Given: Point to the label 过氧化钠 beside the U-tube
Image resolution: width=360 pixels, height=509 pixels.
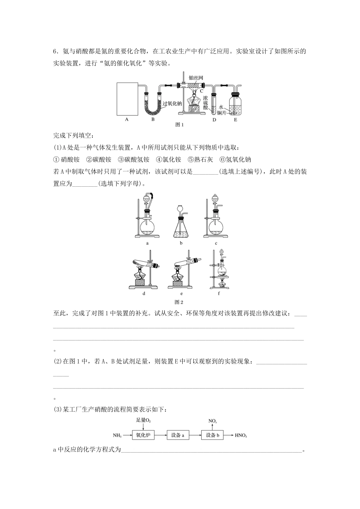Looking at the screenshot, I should [172, 103].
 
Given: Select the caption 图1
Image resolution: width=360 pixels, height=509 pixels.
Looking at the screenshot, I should [180, 124].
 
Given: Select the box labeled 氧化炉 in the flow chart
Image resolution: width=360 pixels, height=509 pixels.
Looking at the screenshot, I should [143, 435].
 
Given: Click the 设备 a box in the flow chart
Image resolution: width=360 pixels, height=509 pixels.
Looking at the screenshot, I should [177, 435].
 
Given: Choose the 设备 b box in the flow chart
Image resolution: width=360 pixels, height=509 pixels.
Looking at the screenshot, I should [212, 435].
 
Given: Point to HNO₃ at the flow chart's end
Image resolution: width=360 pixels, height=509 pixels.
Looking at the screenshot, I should [241, 436].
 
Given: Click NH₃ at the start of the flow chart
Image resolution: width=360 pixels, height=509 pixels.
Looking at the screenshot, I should [118, 436].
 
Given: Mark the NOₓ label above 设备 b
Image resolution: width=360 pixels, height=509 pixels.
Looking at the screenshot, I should [213, 421].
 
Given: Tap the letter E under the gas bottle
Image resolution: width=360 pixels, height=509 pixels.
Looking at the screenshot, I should [235, 120].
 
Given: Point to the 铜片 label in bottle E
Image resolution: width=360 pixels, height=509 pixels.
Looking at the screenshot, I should [222, 113].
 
